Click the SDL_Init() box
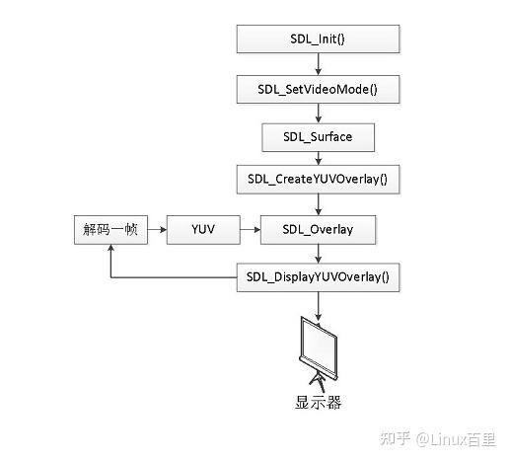click(318, 38)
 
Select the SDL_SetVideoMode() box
click(318, 89)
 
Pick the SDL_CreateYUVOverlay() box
click(318, 182)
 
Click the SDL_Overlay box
click(318, 230)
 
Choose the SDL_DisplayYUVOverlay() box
click(318, 277)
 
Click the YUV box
click(202, 230)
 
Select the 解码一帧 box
click(109, 230)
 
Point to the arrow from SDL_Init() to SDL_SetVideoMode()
click(318, 63)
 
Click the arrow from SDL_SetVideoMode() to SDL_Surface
click(318, 113)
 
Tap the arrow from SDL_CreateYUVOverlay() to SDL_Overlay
click(318, 205)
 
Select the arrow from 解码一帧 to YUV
click(156, 230)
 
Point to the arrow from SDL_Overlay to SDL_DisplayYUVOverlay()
click(318, 254)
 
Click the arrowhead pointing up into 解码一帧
click(109, 251)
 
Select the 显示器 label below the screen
click(318, 402)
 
